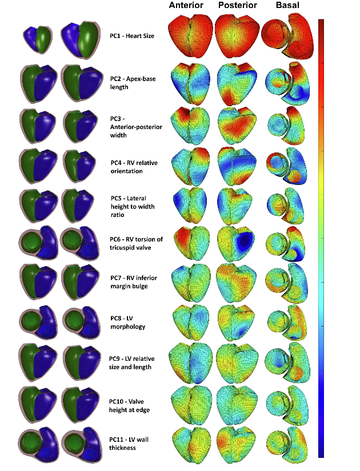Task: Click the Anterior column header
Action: pyautogui.click(x=187, y=6)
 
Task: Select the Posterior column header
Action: pyautogui.click(x=236, y=6)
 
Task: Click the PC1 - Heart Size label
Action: pyautogui.click(x=132, y=36)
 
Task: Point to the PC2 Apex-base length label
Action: pyautogui.click(x=127, y=83)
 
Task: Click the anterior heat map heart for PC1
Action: pyautogui.click(x=191, y=36)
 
